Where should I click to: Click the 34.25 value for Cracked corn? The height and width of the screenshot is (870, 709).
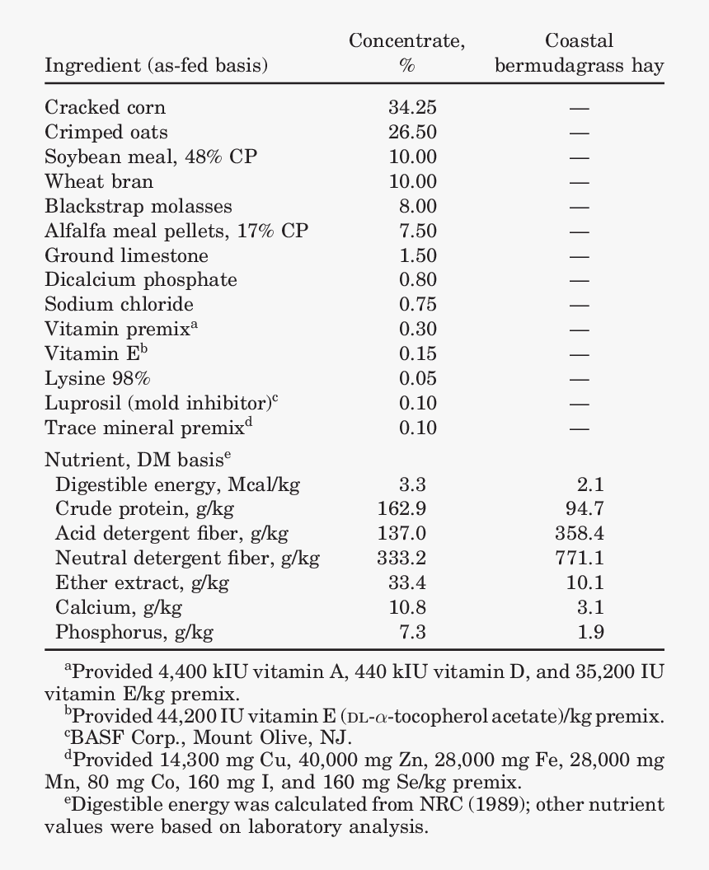click(x=412, y=107)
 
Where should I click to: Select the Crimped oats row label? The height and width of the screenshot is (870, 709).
click(x=106, y=132)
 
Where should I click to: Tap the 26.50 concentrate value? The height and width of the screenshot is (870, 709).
click(x=412, y=132)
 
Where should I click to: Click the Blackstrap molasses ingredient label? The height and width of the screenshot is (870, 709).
click(x=139, y=206)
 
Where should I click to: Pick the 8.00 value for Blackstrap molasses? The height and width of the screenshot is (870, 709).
click(x=418, y=206)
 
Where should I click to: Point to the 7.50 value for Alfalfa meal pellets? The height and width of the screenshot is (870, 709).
click(x=418, y=231)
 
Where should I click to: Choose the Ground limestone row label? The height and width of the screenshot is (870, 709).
click(x=126, y=255)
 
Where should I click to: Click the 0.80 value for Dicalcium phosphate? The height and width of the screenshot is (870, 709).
click(x=418, y=280)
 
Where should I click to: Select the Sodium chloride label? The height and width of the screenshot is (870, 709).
click(x=119, y=304)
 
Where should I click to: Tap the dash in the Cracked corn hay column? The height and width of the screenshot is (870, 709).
click(x=579, y=108)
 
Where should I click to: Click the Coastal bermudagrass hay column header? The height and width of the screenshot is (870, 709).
click(x=579, y=54)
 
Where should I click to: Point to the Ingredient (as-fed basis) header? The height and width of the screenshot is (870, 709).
click(x=156, y=66)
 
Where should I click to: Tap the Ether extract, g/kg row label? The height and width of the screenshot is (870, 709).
click(x=142, y=583)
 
